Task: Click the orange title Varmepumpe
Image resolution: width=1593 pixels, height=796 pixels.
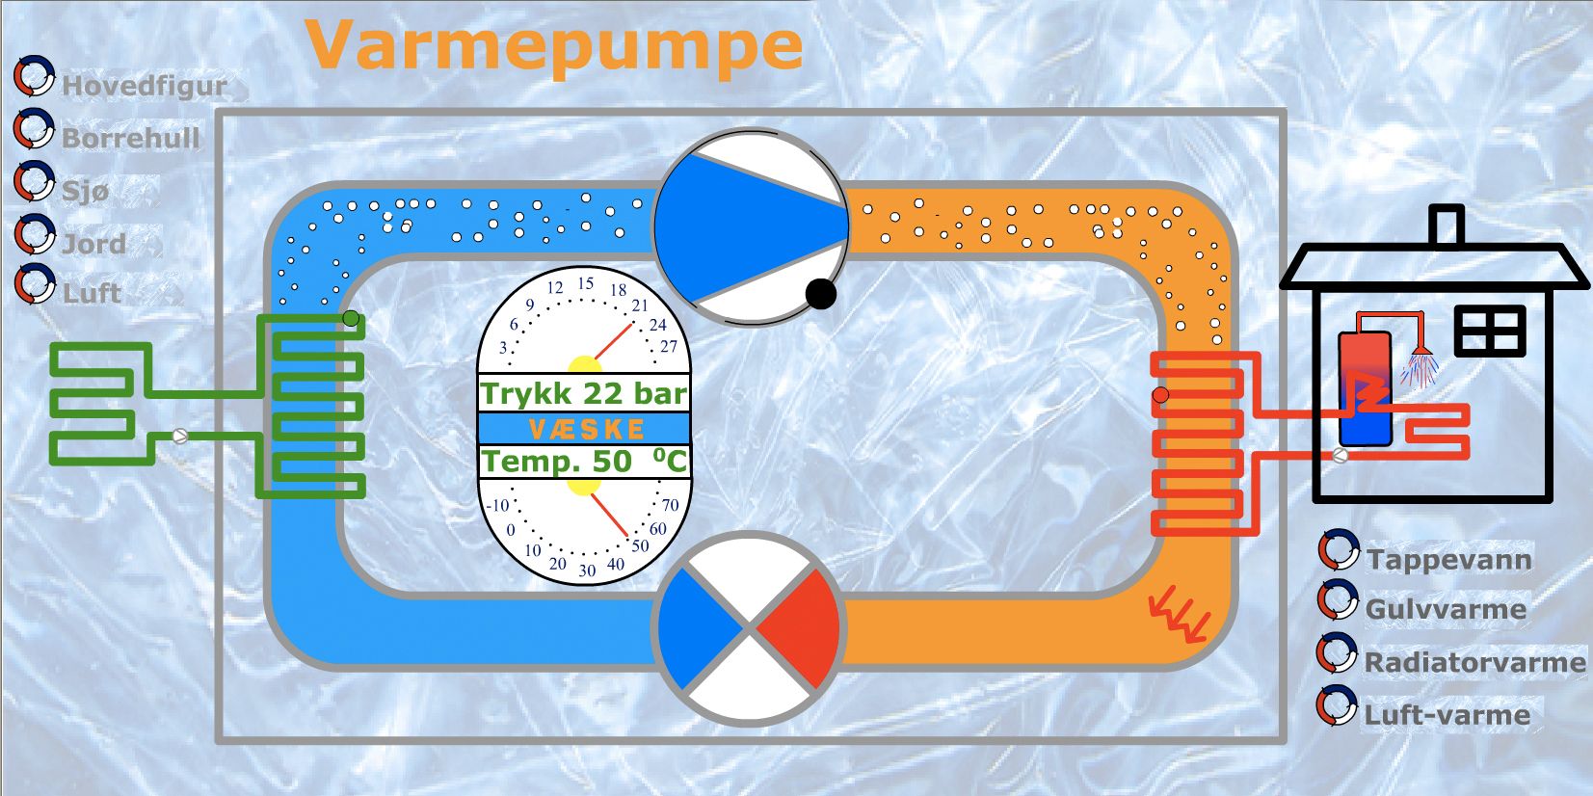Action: point(554,45)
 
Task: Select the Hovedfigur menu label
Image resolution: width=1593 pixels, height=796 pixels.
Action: point(144,86)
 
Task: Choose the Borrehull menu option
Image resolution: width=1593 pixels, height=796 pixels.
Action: point(130,139)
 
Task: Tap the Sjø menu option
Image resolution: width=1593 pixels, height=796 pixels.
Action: point(85,191)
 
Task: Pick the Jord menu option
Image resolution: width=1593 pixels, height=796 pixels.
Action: point(93,244)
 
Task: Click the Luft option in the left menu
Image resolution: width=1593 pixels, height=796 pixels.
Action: point(92,293)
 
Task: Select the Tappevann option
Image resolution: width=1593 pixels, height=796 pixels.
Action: point(1447,560)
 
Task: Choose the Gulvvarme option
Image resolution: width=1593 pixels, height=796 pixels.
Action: point(1445,609)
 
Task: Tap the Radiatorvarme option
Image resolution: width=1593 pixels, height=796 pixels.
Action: point(1474,662)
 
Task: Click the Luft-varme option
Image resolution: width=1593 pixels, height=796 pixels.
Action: point(1446,715)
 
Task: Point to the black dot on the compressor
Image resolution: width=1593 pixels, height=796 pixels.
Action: point(820,293)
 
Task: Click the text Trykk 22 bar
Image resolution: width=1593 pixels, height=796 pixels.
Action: point(584,393)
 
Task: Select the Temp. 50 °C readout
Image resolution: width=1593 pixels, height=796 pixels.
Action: point(584,461)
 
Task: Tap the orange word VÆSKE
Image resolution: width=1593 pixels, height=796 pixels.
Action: point(585,428)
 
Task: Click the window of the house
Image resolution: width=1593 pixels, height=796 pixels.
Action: point(1490,331)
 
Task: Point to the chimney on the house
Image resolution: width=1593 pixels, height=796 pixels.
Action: point(1446,226)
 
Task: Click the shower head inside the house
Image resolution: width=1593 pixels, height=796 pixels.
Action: point(1420,365)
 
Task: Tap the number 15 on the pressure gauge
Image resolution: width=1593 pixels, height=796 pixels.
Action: point(585,283)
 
